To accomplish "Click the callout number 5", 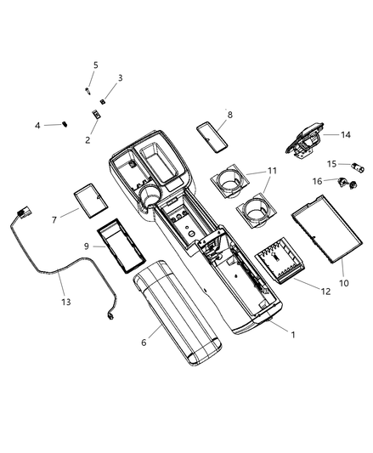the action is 96,65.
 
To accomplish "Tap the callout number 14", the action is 346,134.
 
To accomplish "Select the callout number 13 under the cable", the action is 66,302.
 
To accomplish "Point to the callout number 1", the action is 293,335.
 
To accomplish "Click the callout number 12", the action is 325,292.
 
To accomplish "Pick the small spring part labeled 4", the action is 65,124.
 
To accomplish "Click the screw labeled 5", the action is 88,91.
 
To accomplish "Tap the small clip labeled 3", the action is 102,101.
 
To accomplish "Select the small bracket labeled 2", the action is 96,115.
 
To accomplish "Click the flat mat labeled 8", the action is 212,137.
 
